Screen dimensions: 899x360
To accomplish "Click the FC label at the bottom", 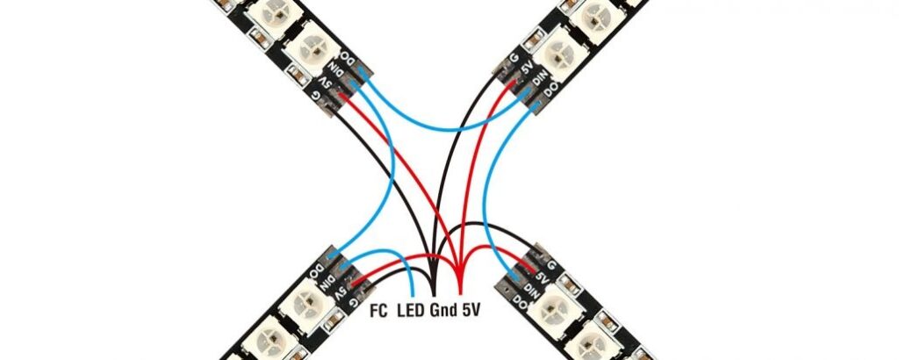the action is [x=378, y=312].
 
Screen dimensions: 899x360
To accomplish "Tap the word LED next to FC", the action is [x=411, y=312].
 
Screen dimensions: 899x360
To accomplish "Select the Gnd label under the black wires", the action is [x=443, y=312].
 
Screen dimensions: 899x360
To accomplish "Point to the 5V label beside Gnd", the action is [x=471, y=312].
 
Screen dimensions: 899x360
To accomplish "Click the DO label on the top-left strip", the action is [x=349, y=60].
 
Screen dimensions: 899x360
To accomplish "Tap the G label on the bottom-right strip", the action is [x=551, y=265].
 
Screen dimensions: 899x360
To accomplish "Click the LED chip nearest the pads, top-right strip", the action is [x=555, y=54].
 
